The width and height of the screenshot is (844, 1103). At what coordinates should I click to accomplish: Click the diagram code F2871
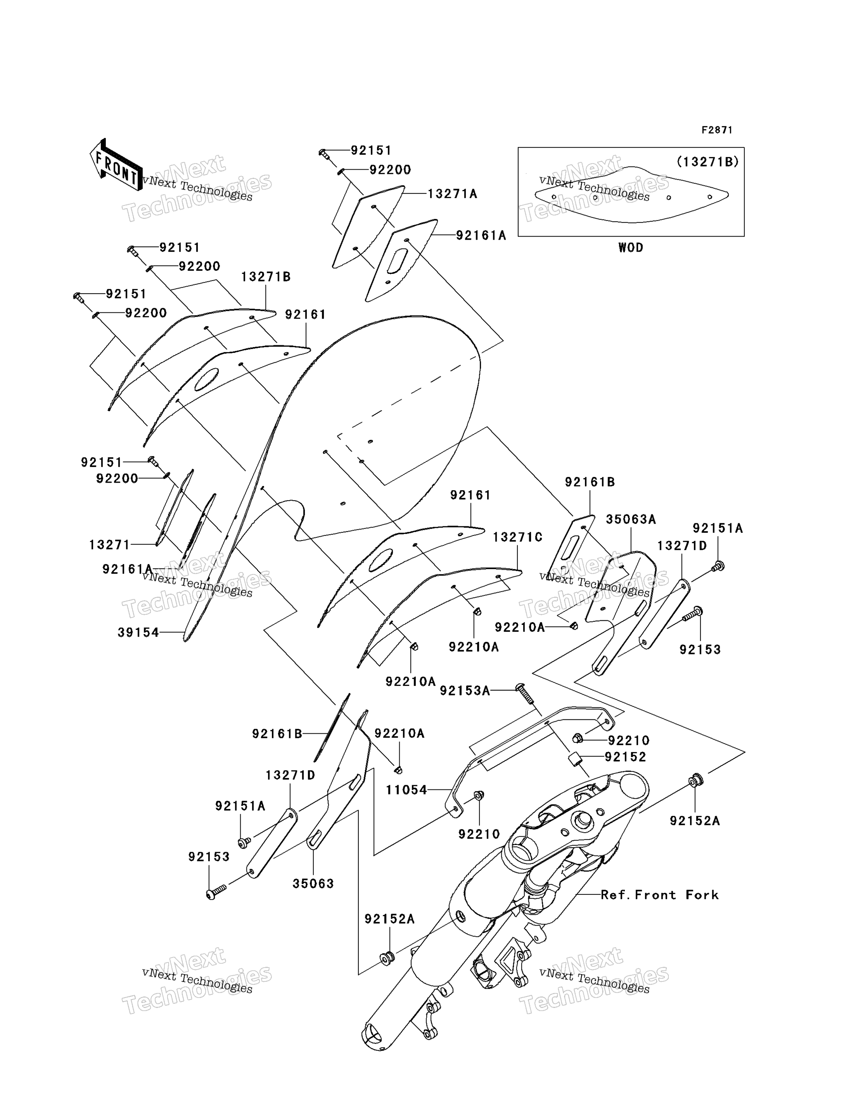(717, 130)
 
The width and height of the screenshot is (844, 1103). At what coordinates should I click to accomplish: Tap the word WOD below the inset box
(630, 247)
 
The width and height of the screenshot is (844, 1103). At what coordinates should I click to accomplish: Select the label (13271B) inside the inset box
(707, 162)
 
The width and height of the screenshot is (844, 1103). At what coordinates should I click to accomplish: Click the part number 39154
(138, 632)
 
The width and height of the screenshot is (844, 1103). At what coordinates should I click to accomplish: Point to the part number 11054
(406, 790)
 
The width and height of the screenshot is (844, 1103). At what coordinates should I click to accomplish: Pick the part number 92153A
(465, 691)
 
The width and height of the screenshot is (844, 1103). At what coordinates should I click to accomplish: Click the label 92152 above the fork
(625, 757)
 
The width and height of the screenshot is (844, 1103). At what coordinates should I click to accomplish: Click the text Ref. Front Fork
(660, 894)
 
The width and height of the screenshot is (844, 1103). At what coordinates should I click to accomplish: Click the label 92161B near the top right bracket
(590, 482)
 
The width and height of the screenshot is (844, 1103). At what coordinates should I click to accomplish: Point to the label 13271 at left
(109, 545)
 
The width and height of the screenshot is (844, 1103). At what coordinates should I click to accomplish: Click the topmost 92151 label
(371, 150)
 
